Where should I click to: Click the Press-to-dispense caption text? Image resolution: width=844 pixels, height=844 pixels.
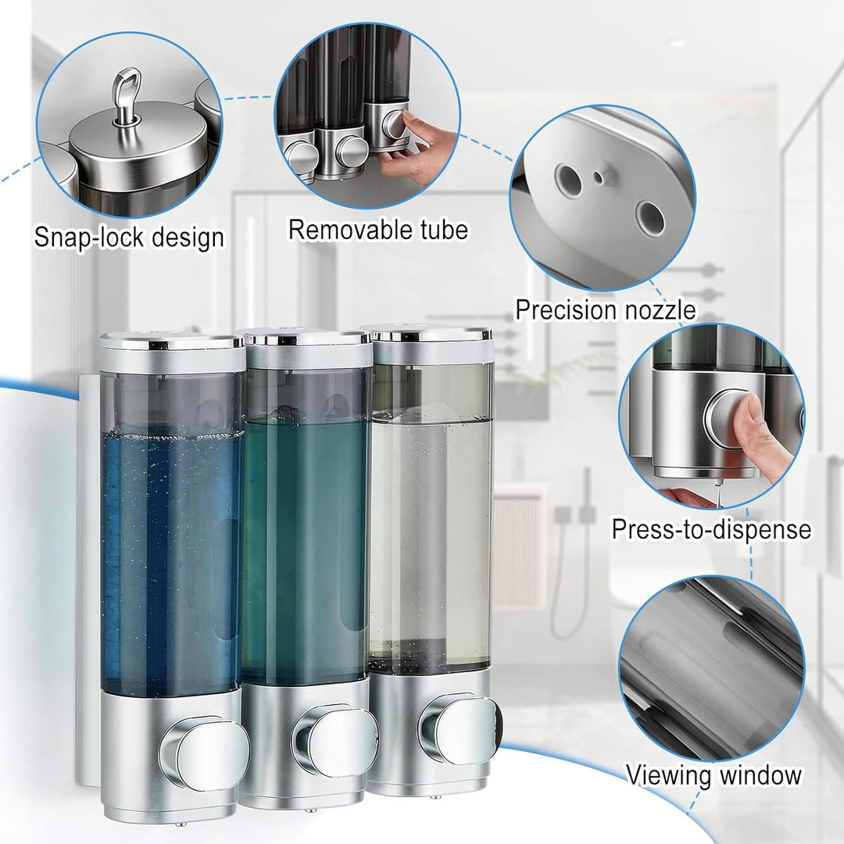[712, 529]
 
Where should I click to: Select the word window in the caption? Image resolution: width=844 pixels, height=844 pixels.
[760, 776]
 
